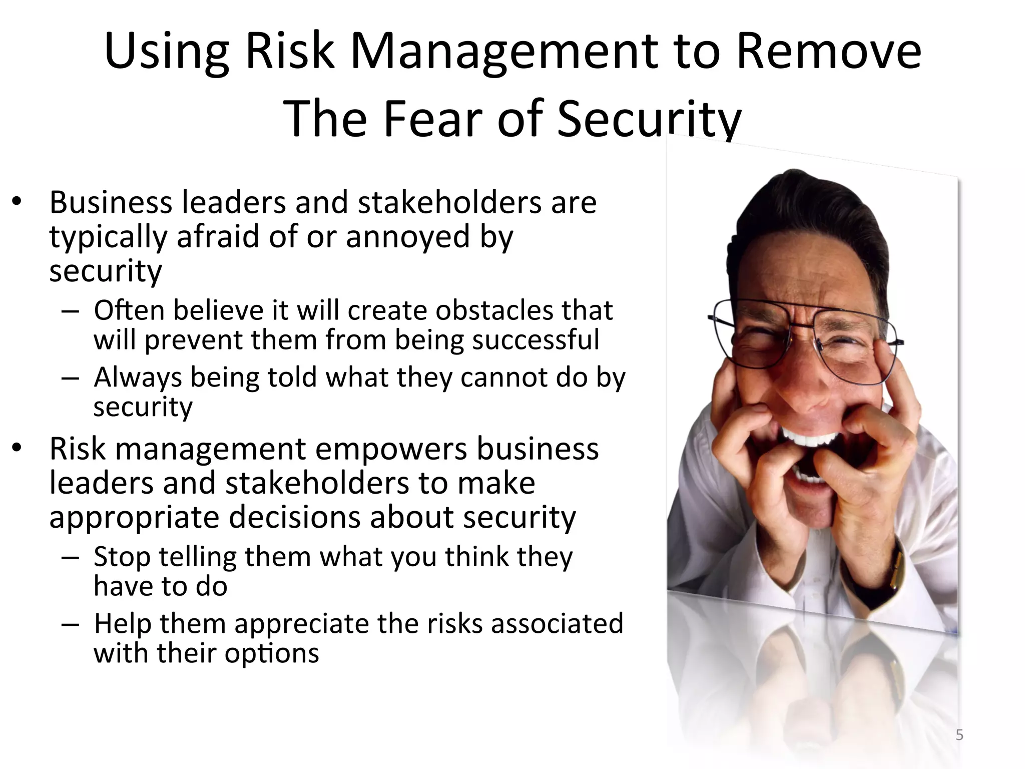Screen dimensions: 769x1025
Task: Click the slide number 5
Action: coord(959,735)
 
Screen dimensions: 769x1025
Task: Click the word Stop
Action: coord(122,557)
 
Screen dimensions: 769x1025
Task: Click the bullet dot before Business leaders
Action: coord(18,202)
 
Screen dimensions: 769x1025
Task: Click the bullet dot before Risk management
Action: coord(18,448)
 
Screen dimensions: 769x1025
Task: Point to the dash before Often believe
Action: coord(70,311)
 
